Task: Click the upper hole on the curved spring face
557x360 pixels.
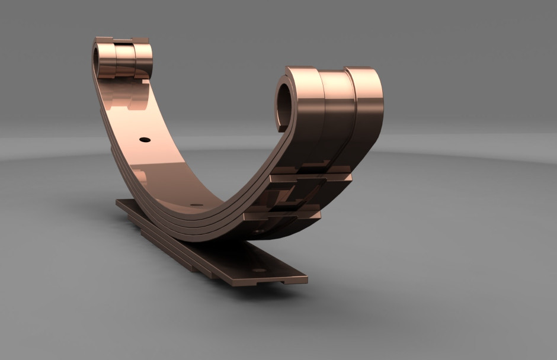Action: click(145, 140)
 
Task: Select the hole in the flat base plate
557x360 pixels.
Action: click(259, 270)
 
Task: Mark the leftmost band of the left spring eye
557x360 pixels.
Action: click(107, 59)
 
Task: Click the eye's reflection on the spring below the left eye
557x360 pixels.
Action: click(127, 95)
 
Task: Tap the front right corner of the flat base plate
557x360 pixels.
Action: click(305, 277)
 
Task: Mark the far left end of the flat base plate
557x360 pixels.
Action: click(119, 202)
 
